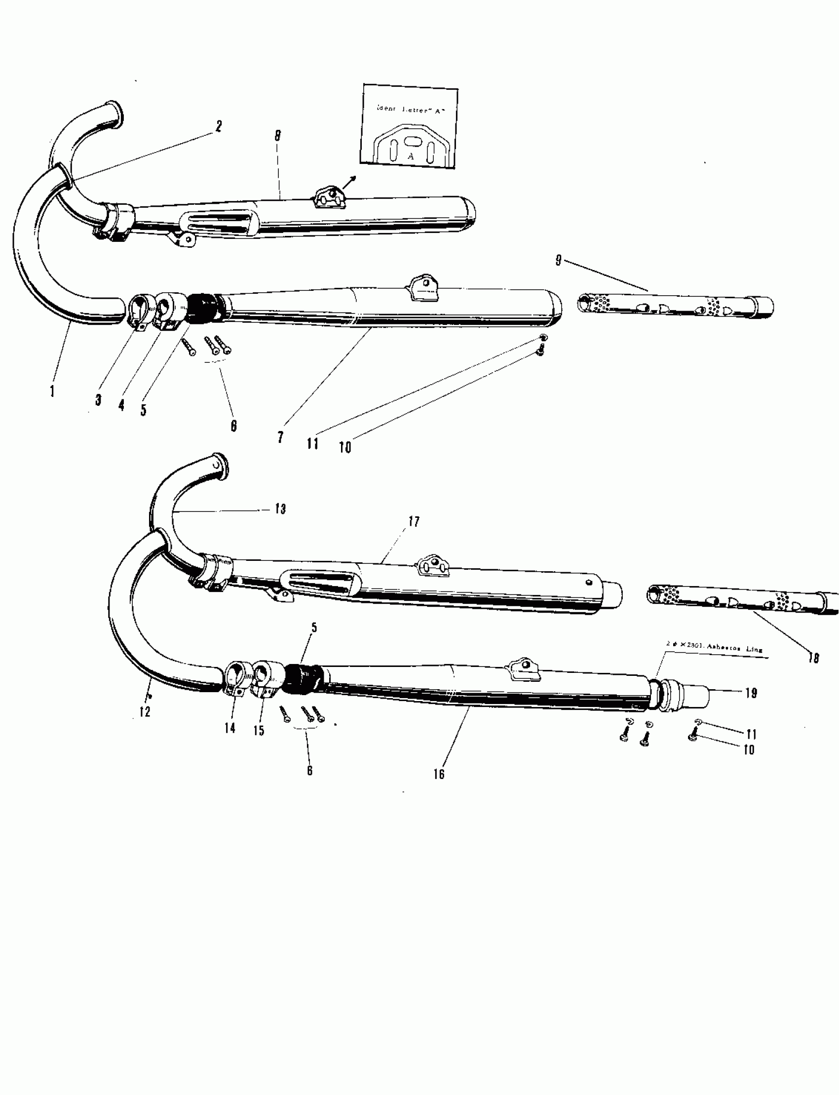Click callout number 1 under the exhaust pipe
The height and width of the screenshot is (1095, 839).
(52, 391)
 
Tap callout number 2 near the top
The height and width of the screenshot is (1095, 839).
(218, 126)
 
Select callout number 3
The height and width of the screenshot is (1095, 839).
(98, 399)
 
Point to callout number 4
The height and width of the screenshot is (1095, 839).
(121, 405)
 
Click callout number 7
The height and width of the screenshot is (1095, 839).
(281, 437)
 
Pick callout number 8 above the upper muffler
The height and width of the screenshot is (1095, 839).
(278, 135)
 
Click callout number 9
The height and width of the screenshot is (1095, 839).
(558, 260)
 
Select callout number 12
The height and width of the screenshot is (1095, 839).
(145, 711)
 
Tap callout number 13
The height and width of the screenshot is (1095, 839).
(280, 509)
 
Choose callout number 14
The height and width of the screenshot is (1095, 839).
(229, 728)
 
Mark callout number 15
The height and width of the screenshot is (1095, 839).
(259, 730)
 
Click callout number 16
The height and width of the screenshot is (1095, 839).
(438, 774)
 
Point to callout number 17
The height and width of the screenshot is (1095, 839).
(414, 521)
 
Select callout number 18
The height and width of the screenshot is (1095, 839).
(813, 658)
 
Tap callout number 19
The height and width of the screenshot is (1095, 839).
(751, 693)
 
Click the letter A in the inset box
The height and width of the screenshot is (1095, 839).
(411, 156)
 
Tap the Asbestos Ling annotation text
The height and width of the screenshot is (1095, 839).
(714, 649)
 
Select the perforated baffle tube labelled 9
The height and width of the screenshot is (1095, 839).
(674, 306)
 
